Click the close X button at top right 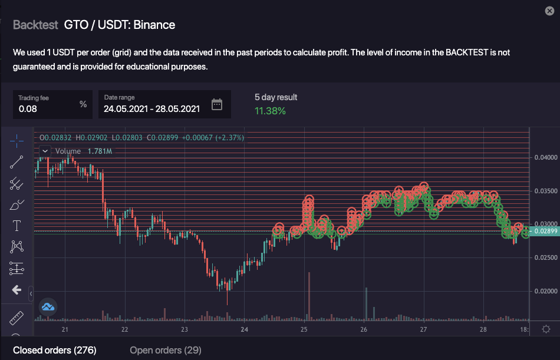click(x=550, y=11)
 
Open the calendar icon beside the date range click(x=217, y=105)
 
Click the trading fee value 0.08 click(x=28, y=108)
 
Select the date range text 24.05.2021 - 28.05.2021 click(x=151, y=108)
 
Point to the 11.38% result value click(x=270, y=111)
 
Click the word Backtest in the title click(x=35, y=25)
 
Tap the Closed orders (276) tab click(x=54, y=351)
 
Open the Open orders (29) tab click(x=165, y=351)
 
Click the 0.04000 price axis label click(x=545, y=157)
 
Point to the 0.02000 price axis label click(x=545, y=291)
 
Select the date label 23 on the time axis click(x=185, y=329)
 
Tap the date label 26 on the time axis click(x=364, y=329)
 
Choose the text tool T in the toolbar click(x=17, y=225)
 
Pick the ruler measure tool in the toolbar click(x=17, y=318)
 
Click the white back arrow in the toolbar click(x=17, y=290)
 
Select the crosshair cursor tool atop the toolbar click(x=17, y=140)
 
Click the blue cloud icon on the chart click(x=48, y=306)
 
